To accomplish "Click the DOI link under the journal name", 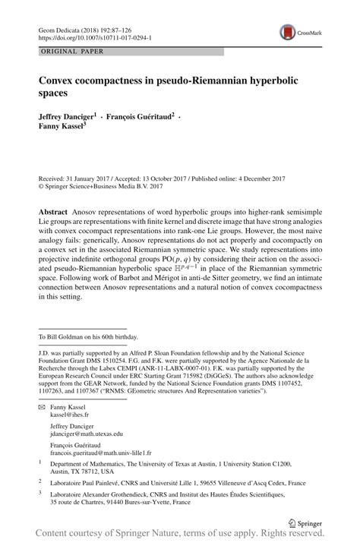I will click(84, 36).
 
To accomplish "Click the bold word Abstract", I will click(55, 209).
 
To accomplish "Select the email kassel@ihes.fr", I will click(69, 416).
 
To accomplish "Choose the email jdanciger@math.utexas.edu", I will click(87, 434).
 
